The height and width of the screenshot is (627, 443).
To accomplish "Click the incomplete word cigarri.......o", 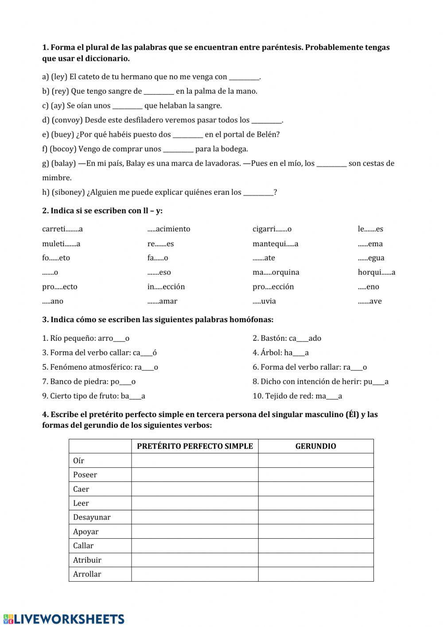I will click(272, 229).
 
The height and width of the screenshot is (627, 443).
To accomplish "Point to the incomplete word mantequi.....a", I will click(275, 244).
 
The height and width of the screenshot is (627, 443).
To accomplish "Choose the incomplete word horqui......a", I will click(377, 272).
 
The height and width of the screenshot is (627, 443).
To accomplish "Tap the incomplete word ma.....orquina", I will click(276, 272).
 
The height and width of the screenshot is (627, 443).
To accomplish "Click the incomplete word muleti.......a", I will click(61, 244).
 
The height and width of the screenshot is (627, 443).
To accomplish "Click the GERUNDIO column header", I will click(315, 446).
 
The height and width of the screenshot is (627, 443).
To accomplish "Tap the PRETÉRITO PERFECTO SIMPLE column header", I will click(195, 446).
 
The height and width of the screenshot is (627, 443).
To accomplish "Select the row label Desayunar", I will click(92, 517).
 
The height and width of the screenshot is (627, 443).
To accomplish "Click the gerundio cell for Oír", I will click(315, 461).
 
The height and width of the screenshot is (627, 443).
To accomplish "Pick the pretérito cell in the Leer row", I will click(195, 503).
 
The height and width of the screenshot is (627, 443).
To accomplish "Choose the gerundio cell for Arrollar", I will click(315, 574).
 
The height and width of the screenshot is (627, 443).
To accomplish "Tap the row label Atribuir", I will click(87, 560).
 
